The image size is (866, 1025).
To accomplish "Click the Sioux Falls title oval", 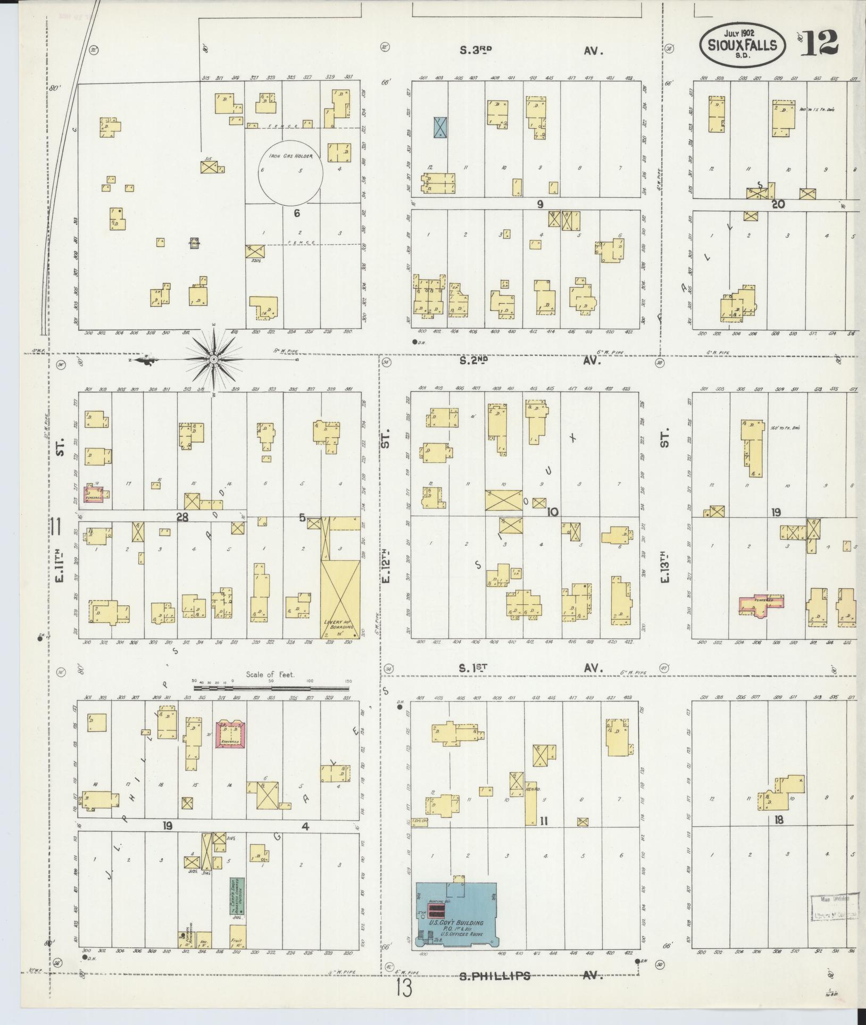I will coord(743,46).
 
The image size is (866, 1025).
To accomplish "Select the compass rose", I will coord(213,360).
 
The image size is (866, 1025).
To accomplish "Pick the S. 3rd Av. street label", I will coord(532,51).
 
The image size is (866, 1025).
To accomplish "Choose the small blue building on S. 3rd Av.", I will coord(440,128).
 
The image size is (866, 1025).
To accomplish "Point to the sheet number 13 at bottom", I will coord(404,990).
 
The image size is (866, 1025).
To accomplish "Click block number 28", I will coord(183,517).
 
